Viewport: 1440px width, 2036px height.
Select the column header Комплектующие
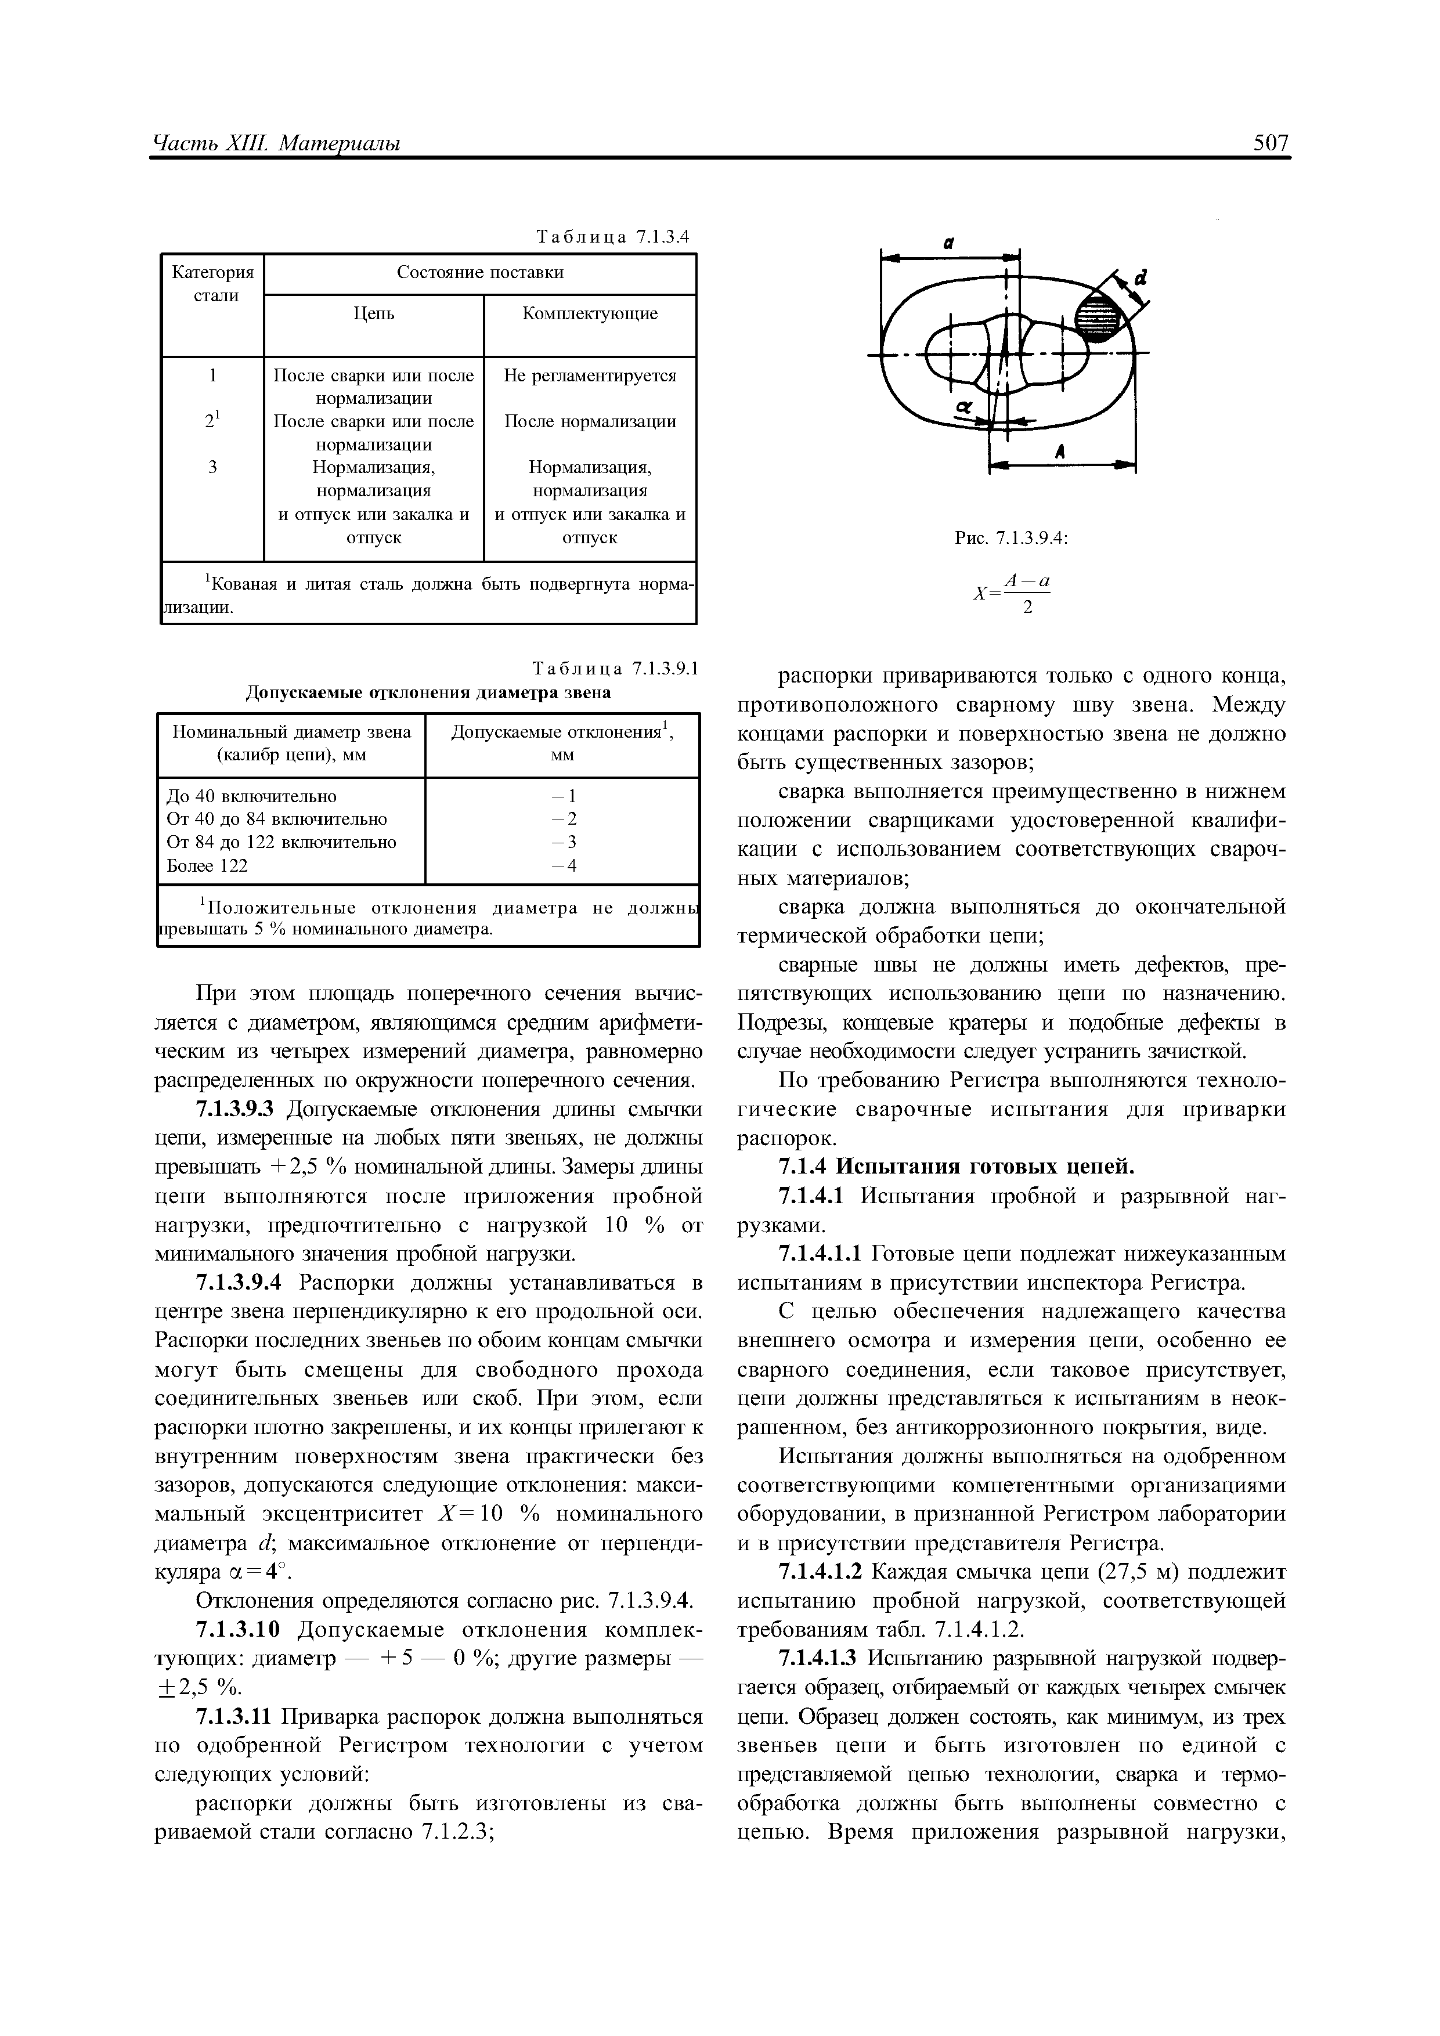590,314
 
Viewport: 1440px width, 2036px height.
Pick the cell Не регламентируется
590,376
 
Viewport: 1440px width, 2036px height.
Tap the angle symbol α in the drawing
965,407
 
